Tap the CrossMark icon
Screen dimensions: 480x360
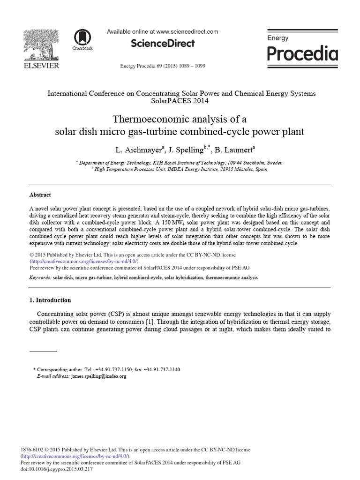pos(82,38)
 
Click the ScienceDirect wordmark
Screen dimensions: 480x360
pos(163,44)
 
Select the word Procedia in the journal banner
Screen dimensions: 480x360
pos(302,54)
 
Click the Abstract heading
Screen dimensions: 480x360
pos(40,195)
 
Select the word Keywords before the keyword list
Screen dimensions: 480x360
pos(40,277)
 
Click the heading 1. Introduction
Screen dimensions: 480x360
pos(50,300)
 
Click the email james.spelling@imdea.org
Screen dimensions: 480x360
pos(98,376)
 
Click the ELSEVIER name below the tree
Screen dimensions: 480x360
pos(41,66)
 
